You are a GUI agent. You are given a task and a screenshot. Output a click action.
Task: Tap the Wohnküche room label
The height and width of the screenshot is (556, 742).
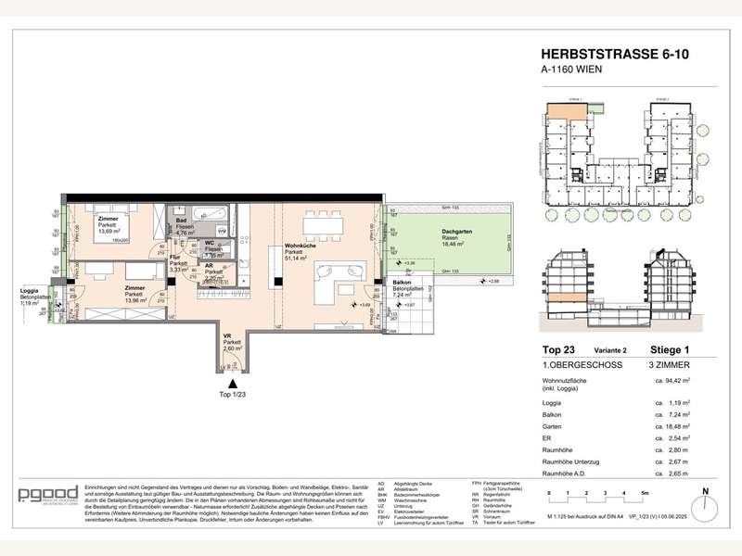(x=299, y=246)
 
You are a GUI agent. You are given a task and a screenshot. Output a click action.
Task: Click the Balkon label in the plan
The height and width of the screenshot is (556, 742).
(x=402, y=282)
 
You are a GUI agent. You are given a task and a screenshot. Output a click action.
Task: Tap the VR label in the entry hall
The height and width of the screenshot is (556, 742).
(x=227, y=335)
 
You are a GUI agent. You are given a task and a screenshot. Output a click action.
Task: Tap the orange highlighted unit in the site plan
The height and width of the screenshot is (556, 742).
(x=559, y=115)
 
